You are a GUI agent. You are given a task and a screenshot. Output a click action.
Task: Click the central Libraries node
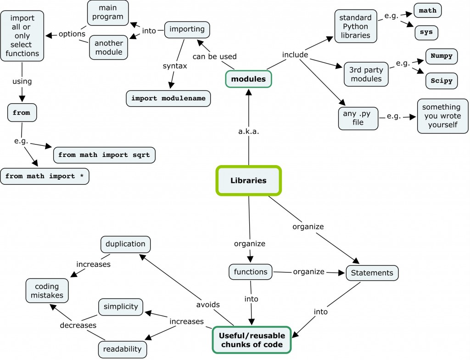(x=248, y=180)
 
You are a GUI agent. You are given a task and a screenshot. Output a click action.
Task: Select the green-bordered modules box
(x=248, y=79)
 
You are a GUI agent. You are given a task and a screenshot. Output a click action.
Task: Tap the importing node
(x=187, y=29)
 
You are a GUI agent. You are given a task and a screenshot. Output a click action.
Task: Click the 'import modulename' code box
(x=168, y=98)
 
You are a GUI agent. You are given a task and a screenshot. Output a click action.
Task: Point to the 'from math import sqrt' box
(x=104, y=155)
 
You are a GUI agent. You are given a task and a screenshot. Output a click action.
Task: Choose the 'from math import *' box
(x=45, y=176)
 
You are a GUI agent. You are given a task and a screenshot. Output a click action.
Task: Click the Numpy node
(x=442, y=56)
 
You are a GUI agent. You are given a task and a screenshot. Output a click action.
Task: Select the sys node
(x=426, y=33)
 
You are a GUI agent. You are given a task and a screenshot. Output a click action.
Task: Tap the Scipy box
(x=442, y=81)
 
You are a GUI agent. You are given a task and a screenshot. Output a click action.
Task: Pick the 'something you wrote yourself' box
(x=443, y=116)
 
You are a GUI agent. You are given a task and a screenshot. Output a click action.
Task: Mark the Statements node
(x=372, y=273)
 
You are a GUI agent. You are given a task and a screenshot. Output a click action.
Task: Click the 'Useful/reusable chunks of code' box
(x=252, y=340)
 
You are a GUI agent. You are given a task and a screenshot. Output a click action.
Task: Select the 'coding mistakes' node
(x=47, y=291)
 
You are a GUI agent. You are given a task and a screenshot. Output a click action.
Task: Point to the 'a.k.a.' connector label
(x=249, y=131)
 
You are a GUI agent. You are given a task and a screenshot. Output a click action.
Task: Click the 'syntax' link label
(x=175, y=66)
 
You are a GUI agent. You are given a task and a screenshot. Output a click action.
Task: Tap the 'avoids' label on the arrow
(x=208, y=305)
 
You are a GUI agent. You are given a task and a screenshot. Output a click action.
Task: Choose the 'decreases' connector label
(x=78, y=325)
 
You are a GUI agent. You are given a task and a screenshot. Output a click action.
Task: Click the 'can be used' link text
(x=215, y=56)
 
